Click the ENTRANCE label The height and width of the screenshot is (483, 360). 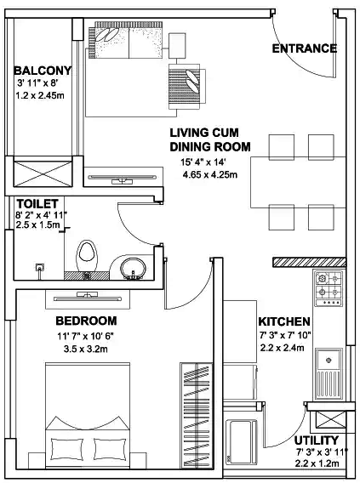point(304,48)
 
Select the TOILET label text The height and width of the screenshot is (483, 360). point(37,204)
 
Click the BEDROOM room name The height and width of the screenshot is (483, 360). point(85,321)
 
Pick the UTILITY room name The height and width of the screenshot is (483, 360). point(318,440)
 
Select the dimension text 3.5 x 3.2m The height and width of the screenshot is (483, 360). point(85,350)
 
